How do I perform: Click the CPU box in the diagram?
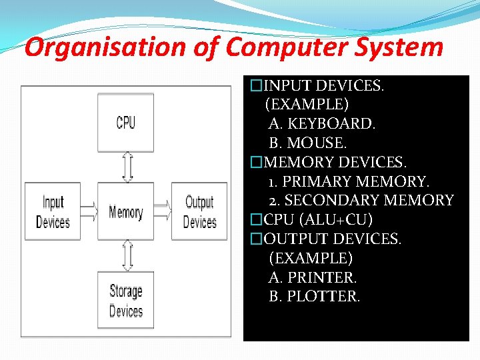[x=125, y=123]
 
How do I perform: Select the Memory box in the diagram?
[x=125, y=213]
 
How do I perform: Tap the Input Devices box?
[x=53, y=212]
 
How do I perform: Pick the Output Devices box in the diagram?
[x=199, y=212]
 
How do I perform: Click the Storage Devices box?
[x=125, y=300]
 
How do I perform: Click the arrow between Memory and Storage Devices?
[x=127, y=255]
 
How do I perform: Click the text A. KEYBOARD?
[x=322, y=124]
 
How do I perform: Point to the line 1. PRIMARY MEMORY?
[x=349, y=181]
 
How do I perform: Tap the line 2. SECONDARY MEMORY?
[x=361, y=201]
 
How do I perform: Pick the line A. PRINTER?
[x=313, y=277]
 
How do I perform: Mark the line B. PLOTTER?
[x=314, y=297]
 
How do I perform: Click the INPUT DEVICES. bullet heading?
[x=323, y=85]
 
